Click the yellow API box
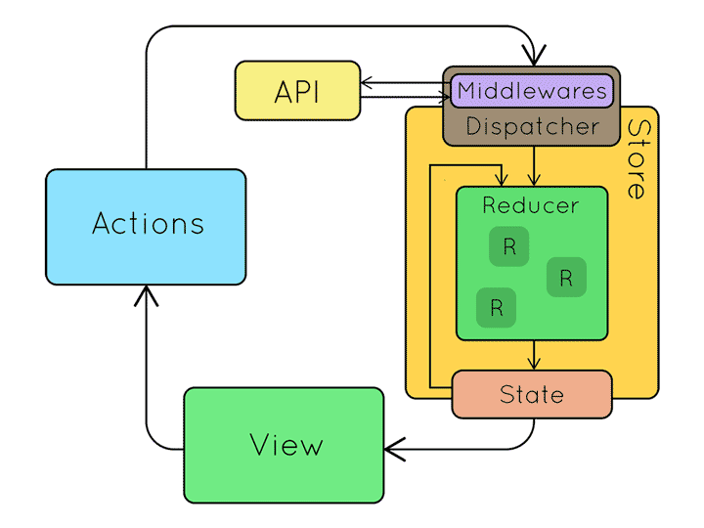point(297,91)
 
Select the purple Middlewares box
point(532,91)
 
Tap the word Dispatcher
point(533,126)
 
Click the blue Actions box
point(146,227)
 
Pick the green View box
point(284,445)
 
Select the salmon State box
point(532,395)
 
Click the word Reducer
point(531,205)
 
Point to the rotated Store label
point(638,159)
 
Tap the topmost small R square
point(508,246)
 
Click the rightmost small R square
point(566,278)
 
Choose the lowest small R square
point(496,308)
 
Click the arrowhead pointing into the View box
point(394,449)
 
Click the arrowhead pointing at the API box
point(367,82)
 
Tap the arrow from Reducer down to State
point(534,355)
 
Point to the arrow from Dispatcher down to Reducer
point(534,166)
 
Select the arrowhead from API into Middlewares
point(444,97)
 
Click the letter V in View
point(259,445)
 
